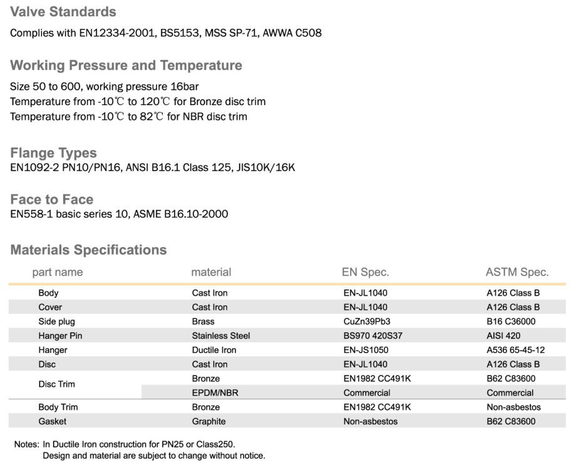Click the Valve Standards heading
pos(63,12)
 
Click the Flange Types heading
pos(54,153)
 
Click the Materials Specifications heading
pos(88,250)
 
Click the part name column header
pos(58,272)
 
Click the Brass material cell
pos(204,321)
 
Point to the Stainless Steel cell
pos(221,336)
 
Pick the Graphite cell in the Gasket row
pos(208,422)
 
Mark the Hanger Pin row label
pos(60,336)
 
